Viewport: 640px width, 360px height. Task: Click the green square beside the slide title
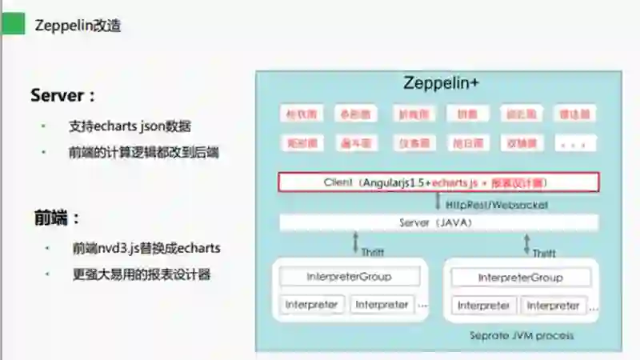(12, 25)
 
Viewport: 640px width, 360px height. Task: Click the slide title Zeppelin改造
(78, 26)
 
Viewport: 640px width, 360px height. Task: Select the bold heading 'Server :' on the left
(63, 95)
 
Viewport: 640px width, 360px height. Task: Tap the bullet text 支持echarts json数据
(130, 126)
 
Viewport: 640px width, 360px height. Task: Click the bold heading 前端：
(57, 218)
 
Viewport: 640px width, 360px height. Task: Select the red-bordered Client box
(438, 182)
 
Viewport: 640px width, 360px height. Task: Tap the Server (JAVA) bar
(438, 222)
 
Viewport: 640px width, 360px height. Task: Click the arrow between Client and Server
(438, 203)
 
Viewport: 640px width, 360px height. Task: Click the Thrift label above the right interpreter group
(544, 253)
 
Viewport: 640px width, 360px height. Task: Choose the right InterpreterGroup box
(521, 278)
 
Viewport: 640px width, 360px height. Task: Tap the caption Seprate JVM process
(521, 335)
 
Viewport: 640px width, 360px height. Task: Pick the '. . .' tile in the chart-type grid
(578, 144)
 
